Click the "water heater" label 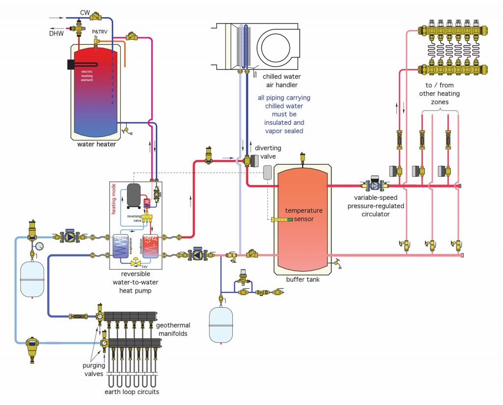pyautogui.click(x=96, y=144)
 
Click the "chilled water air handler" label pyautogui.click(x=281, y=81)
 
